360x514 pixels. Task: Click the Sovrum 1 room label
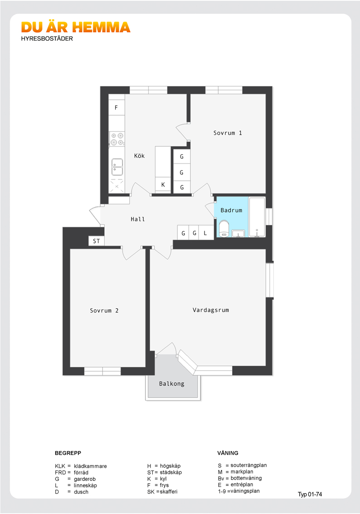tap(228, 133)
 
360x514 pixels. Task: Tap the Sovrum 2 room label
tap(104, 310)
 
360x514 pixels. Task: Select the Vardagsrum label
tap(211, 310)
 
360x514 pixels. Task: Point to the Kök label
tap(139, 156)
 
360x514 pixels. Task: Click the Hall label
tap(138, 219)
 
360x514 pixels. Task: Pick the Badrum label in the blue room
tap(232, 210)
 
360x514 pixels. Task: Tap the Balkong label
tap(172, 383)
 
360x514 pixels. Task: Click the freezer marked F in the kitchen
tap(117, 107)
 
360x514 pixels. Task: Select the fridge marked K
tap(163, 185)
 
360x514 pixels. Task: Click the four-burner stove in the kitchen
tap(117, 139)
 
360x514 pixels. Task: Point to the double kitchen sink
tap(117, 167)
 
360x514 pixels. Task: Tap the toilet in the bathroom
tap(224, 228)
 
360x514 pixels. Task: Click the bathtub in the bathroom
tap(257, 217)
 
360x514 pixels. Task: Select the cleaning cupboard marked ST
tap(97, 241)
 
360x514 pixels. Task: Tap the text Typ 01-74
tap(310, 495)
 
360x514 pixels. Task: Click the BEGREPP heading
tap(68, 453)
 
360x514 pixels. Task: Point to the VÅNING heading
tap(228, 453)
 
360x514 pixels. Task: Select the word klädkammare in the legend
tap(90, 466)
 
